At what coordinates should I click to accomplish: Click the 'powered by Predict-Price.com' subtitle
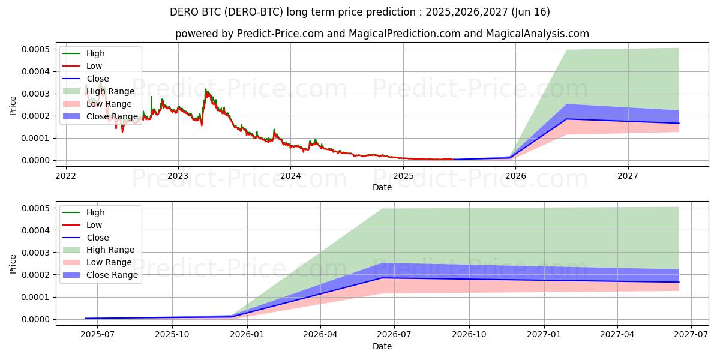tap(382, 34)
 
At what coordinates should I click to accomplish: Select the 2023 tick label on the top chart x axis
tap(178, 176)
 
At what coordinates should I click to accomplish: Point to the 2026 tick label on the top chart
tap(515, 176)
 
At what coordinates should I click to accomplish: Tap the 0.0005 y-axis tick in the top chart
tap(35, 49)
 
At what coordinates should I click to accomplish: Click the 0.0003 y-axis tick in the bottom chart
tap(35, 253)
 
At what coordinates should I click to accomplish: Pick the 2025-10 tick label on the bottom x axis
tap(172, 335)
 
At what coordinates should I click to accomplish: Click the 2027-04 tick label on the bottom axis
tap(617, 335)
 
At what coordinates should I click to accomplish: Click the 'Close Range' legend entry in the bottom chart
tap(112, 275)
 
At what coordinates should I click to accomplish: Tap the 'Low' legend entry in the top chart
tap(94, 66)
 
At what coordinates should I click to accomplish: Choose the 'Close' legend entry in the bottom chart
tap(98, 238)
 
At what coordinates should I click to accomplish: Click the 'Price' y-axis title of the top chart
tap(13, 106)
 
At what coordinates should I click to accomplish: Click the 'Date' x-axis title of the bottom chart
tap(382, 346)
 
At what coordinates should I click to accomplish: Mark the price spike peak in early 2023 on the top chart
tap(206, 89)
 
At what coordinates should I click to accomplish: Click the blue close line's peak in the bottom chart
tap(382, 278)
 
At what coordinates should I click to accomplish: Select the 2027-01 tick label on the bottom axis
tap(544, 335)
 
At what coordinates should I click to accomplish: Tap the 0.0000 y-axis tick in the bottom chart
tap(35, 319)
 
